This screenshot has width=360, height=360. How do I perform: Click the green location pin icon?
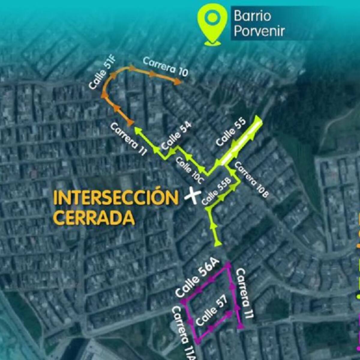tap(212, 23)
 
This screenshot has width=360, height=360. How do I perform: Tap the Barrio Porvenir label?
tap(259, 23)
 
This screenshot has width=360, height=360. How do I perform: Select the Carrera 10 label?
tap(166, 67)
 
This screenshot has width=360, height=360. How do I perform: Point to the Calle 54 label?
tap(176, 136)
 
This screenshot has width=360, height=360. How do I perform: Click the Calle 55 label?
tap(231, 132)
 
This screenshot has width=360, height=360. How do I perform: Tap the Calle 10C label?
tap(190, 170)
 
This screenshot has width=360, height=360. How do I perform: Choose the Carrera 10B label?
tap(251, 179)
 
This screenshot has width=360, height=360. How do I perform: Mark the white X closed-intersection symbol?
tap(192, 196)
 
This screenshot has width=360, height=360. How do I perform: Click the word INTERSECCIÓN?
tap(116, 198)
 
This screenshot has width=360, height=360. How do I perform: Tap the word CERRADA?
tap(94, 217)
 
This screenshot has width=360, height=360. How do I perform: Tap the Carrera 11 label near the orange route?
tap(128, 139)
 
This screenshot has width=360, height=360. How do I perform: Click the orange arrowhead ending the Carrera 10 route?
tap(178, 82)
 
